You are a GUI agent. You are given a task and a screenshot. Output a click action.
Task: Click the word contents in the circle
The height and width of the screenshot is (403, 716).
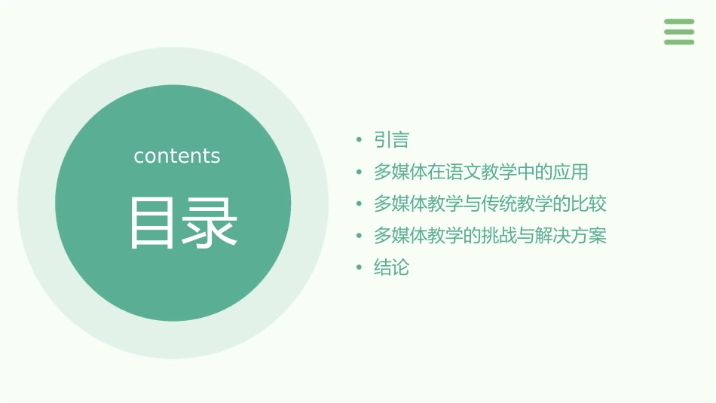pos(177,156)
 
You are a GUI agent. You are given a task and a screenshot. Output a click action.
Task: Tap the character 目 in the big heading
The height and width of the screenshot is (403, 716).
pos(151,223)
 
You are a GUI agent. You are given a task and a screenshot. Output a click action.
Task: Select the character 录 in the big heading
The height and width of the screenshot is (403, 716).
pos(210,223)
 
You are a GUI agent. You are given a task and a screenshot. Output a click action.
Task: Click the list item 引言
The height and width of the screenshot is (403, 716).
pos(391,140)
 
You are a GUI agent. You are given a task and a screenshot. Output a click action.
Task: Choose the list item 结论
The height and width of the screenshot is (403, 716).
pos(391,267)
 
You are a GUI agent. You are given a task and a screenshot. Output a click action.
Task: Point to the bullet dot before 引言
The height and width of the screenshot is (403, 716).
pos(360,140)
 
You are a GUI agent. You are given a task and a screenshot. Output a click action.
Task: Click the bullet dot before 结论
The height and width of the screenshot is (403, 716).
pos(360,267)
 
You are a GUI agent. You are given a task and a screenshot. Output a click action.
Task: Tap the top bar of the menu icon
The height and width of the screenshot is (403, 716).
pos(679,22)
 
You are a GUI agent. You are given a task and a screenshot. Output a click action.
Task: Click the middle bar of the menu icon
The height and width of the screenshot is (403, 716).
pos(679,32)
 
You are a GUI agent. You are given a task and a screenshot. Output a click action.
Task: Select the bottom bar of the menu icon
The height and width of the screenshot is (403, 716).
pos(679,41)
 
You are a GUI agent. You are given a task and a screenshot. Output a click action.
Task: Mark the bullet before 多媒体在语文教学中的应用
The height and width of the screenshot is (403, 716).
pos(360,172)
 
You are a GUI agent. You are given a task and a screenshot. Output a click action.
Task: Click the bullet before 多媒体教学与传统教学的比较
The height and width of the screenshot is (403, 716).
pos(360,204)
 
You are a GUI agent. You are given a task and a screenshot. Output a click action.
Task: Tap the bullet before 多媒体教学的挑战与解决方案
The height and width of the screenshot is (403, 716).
pos(360,236)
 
